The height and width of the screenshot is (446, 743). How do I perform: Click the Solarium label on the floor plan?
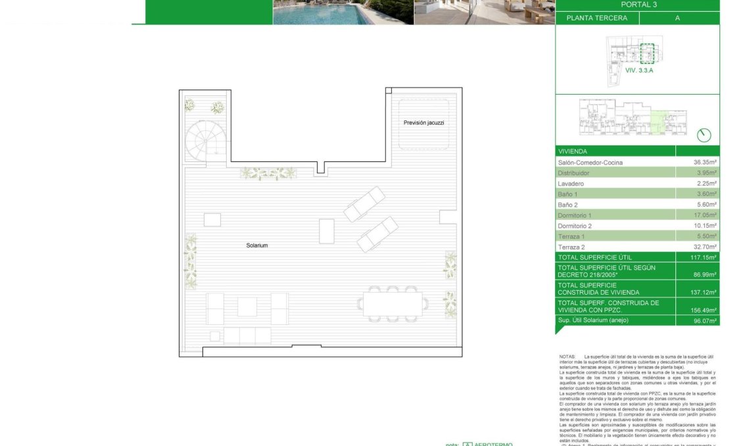[x=257, y=245]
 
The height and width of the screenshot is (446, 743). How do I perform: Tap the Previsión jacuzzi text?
[x=424, y=123]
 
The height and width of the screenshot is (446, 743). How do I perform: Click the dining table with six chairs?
[x=393, y=304]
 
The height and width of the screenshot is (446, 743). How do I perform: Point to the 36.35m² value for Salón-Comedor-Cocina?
[x=705, y=162]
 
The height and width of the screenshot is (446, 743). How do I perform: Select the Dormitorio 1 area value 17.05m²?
[x=705, y=215]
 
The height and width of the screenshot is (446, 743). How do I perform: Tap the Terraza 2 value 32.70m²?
[x=705, y=247]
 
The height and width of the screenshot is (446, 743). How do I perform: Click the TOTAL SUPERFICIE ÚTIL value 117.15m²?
[x=705, y=257]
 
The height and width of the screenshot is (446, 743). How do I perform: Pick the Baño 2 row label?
[x=567, y=205]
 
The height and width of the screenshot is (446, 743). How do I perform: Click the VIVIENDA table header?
[x=572, y=151]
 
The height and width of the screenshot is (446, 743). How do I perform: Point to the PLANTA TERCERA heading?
[x=596, y=18]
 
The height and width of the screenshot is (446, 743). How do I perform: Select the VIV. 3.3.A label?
[x=639, y=70]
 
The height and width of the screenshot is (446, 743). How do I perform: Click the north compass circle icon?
[x=704, y=135]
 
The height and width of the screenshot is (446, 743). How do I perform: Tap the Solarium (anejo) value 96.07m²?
[x=705, y=320]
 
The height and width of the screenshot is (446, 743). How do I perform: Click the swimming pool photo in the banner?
[x=343, y=12]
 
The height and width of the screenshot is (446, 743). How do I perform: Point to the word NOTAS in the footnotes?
[x=567, y=356]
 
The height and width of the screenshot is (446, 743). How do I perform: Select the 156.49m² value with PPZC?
[x=705, y=310]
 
